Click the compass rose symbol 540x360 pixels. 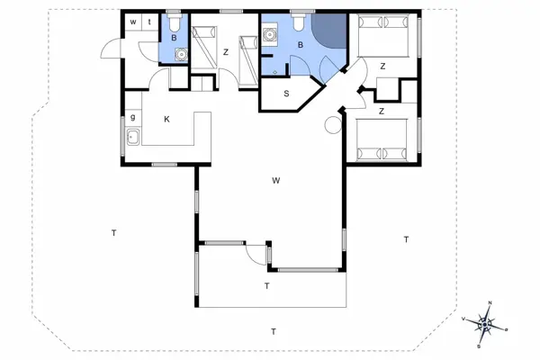485,324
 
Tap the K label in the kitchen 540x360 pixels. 166,119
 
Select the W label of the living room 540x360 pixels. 276,181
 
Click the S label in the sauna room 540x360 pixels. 286,94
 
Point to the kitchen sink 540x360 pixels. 133,137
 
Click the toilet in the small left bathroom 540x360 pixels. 174,21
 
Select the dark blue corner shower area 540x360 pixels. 330,30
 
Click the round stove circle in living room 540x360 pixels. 333,125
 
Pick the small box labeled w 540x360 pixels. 133,22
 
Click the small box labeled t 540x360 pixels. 149,22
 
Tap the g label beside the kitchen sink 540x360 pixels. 133,118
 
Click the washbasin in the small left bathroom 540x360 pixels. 181,54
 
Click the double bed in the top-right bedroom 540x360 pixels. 383,35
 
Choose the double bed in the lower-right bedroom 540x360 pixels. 382,139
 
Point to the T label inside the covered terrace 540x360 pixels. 267,286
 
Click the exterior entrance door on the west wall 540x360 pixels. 112,49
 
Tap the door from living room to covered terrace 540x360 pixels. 256,254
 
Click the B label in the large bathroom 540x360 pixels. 301,45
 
